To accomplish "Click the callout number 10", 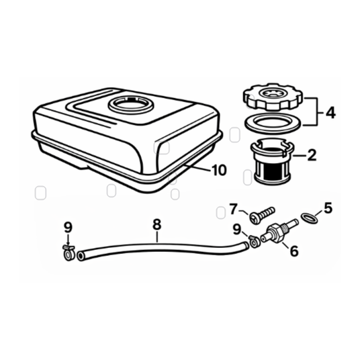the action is click(219, 171).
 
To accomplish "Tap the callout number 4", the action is click(330, 113).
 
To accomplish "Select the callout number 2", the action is click(312, 155).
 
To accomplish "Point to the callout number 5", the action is click(328, 208).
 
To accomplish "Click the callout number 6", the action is click(294, 251).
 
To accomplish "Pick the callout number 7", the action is click(233, 209).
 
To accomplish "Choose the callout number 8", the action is click(157, 224).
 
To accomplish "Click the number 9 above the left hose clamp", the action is click(69, 228).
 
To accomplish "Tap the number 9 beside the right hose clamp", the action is click(237, 230).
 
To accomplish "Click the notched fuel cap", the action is click(273, 97).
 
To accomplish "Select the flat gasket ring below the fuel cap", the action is click(273, 124).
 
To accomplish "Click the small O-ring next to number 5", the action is click(309, 218).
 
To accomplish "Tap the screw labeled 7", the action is click(262, 215).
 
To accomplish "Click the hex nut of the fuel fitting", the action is click(274, 234).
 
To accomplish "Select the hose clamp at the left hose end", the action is click(69, 253).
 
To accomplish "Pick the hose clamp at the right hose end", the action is click(254, 242).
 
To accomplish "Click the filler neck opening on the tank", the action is click(131, 105).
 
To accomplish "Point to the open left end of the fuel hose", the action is click(81, 256).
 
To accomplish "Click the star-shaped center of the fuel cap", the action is click(273, 93).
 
